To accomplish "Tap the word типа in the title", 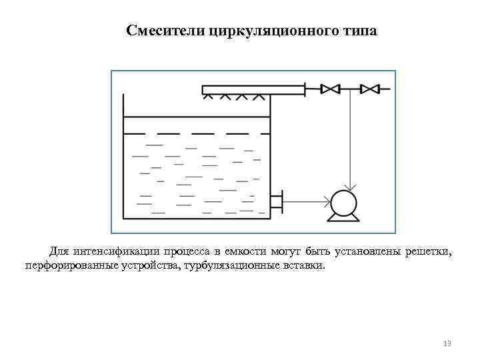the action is coord(361,31).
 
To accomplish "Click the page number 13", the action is coord(447,343).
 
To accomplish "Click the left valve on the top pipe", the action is coord(330,88).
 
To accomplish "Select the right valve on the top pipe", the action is coord(369,88).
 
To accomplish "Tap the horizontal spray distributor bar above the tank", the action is coord(253,89).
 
